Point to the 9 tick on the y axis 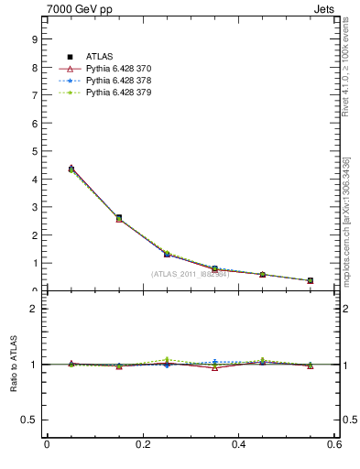click(34, 39)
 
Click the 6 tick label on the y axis click(34, 124)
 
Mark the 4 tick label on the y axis click(34, 180)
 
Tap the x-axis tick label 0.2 click(142, 445)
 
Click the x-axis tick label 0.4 click(238, 445)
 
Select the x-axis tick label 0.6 click(334, 445)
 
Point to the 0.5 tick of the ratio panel click(29, 420)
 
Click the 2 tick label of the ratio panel click(34, 309)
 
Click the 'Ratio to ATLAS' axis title click(14, 364)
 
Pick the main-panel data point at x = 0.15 click(119, 218)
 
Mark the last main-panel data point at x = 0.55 click(311, 280)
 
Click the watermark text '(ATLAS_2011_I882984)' click(190, 274)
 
